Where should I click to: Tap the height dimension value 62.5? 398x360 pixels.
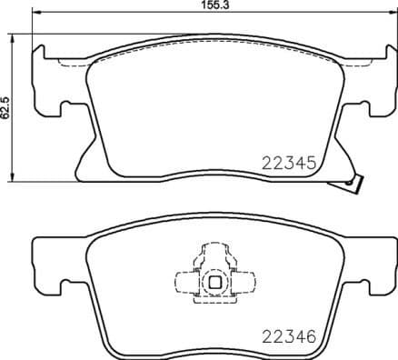[x=6, y=105]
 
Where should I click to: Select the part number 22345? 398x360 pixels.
[x=287, y=165]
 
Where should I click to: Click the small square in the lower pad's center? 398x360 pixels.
[x=214, y=282]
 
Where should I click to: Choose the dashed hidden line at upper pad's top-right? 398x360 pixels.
[x=341, y=63]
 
